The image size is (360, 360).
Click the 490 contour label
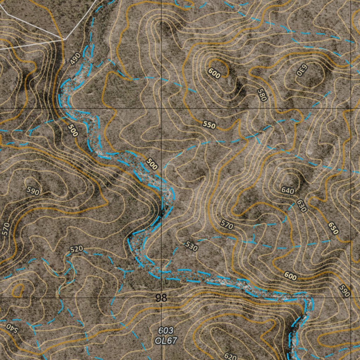[x=75, y=58]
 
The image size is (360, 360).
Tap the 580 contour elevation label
[x=262, y=95]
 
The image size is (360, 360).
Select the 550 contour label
[x=209, y=124]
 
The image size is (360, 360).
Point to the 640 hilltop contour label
[x=288, y=191]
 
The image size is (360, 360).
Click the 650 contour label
[x=333, y=228]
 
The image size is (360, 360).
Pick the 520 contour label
[x=76, y=249]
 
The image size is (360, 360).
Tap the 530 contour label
[x=191, y=246]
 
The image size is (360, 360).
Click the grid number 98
[x=161, y=298]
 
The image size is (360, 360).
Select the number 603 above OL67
[x=166, y=330]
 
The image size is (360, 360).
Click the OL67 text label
[x=166, y=340]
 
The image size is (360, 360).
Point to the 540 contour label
[x=11, y=328]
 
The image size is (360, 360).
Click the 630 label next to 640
[x=302, y=206]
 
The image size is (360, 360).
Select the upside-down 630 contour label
[x=301, y=70]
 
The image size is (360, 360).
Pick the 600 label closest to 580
[x=214, y=73]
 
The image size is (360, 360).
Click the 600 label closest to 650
[x=290, y=277]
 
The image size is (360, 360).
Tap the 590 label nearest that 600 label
[x=345, y=291]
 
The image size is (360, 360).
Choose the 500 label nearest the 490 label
[x=73, y=130]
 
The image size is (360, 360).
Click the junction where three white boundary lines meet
[x=65, y=39]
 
